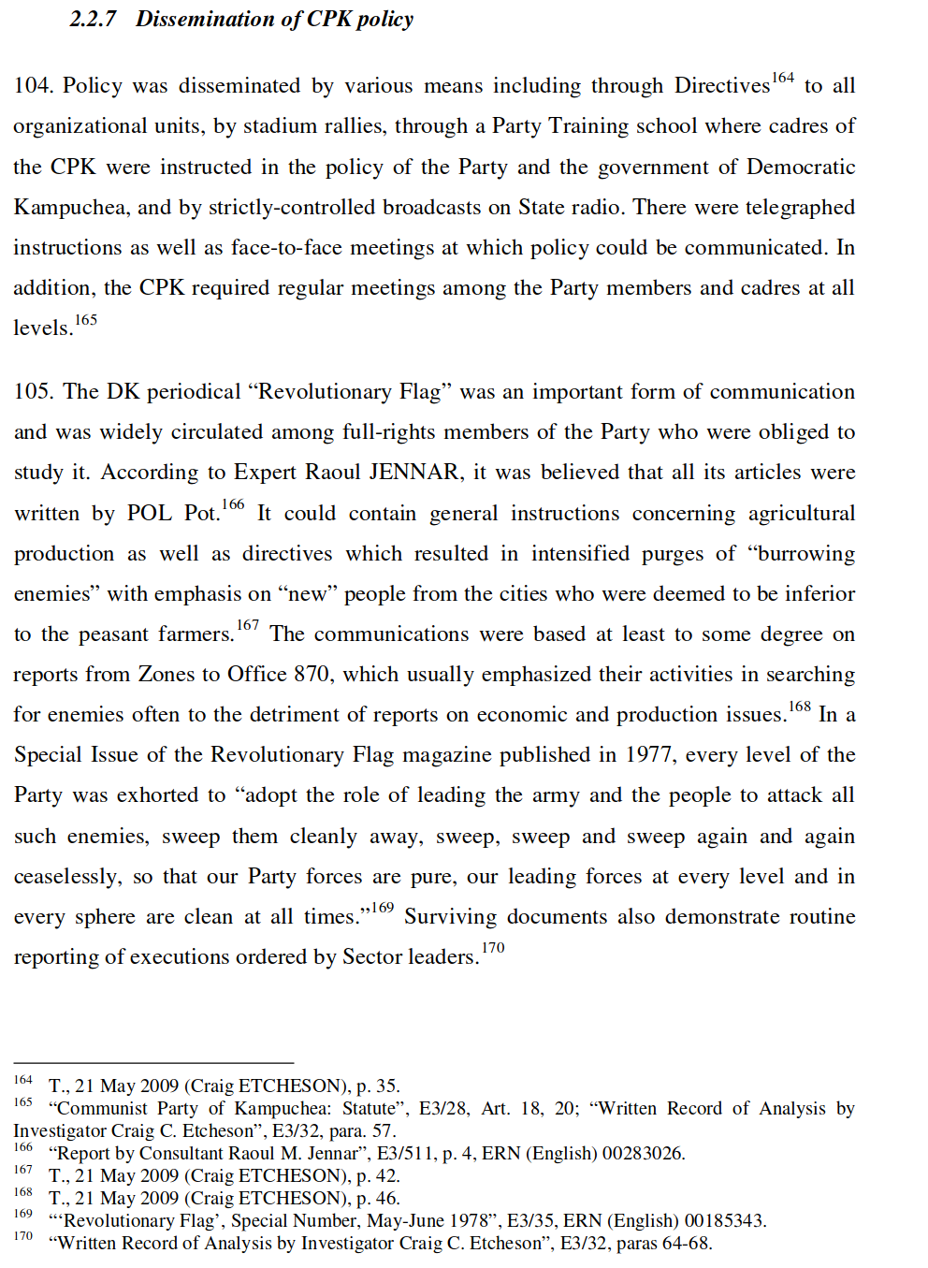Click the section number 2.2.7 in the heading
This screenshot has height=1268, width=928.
coord(93,19)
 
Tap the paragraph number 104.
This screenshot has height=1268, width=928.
coord(32,86)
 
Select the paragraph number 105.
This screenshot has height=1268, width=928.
coord(32,392)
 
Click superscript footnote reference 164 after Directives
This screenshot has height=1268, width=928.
coord(783,79)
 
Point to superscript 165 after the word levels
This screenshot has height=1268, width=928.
coord(86,320)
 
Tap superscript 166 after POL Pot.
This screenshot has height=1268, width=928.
coord(233,505)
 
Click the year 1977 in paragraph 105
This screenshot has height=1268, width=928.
coord(650,755)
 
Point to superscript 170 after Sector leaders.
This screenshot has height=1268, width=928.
coord(493,948)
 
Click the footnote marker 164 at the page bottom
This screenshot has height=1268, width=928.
coord(23,1080)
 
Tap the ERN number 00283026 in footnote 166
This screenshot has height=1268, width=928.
coord(643,1154)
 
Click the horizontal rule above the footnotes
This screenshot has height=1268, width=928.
coord(153,1063)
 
